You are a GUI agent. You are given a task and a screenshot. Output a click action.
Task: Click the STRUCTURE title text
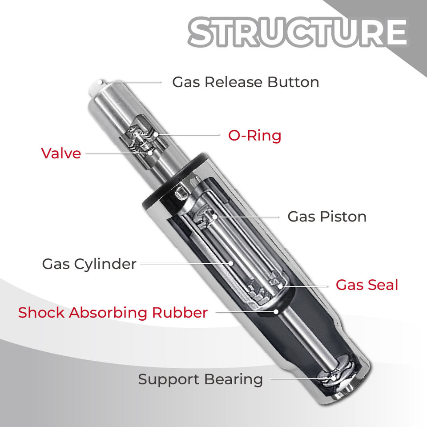point(297,32)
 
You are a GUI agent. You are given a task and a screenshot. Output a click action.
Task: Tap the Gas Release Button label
point(246,82)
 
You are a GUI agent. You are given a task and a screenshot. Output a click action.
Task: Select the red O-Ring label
point(254,135)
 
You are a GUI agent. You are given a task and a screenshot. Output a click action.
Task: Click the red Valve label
point(61,153)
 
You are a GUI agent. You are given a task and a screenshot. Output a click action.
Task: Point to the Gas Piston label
point(327,217)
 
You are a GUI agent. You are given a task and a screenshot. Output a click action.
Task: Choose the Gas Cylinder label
point(89,264)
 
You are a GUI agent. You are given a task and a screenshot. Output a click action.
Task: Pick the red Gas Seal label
point(367,285)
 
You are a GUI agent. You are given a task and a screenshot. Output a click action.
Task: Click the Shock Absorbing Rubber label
point(113,313)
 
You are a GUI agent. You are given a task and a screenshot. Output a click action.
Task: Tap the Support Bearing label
point(200,379)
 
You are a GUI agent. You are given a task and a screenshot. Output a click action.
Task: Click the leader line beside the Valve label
point(116,153)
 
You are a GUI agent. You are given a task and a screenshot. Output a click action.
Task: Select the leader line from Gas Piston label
point(249,217)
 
